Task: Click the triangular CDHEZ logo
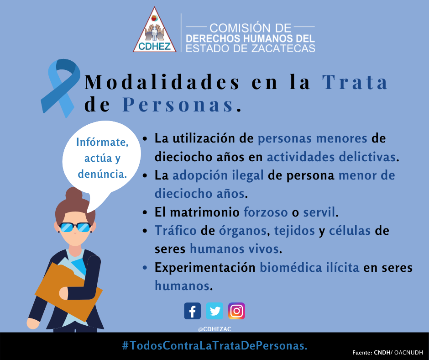point(155,30)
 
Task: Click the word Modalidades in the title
point(162,82)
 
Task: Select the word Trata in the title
point(355,82)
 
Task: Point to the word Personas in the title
point(178,105)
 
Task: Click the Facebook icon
point(192,311)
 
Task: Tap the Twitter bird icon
point(214,311)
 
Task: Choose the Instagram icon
point(237,311)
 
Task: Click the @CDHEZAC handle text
point(214,329)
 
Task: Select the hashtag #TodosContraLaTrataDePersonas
point(215,345)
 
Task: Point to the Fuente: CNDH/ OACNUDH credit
point(387,353)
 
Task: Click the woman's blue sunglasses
point(75,228)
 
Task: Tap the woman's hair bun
point(74,194)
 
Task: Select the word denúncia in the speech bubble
point(103,174)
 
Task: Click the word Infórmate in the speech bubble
point(102,142)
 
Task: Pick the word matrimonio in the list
point(204,212)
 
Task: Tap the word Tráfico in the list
point(176,230)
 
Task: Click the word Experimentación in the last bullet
point(205,268)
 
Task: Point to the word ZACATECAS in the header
point(283,48)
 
